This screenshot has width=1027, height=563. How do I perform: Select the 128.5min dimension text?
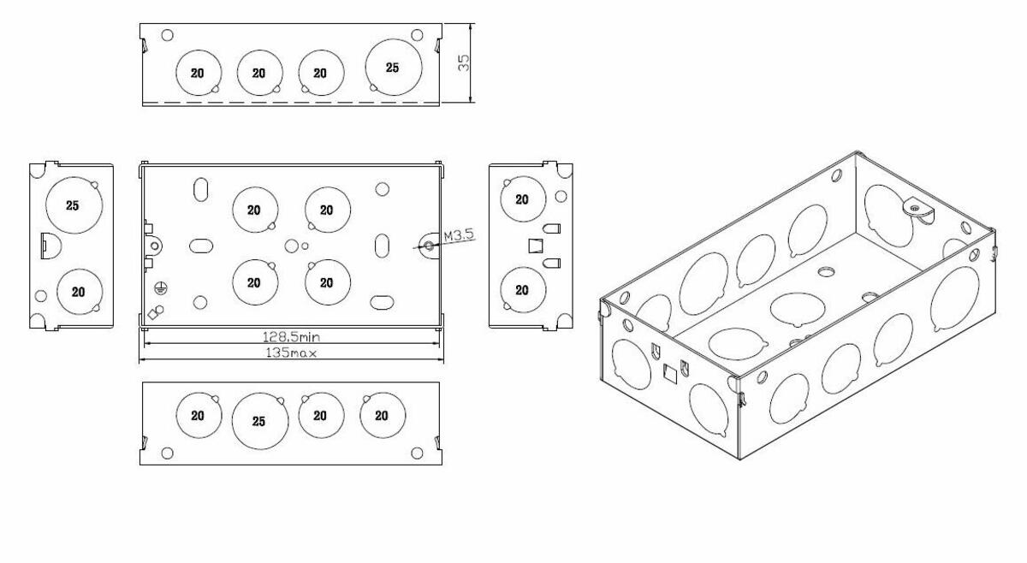(x=292, y=338)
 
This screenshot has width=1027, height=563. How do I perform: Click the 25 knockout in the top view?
(x=391, y=67)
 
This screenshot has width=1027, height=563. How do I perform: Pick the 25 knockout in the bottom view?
(x=259, y=421)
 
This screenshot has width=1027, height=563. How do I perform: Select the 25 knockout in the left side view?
(x=74, y=205)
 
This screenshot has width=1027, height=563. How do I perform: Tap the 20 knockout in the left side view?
(x=79, y=292)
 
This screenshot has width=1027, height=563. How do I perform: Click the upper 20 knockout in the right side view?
(x=522, y=199)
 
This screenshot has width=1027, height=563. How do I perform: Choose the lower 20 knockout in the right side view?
(x=522, y=290)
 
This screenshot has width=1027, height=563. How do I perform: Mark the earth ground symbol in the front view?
(x=159, y=288)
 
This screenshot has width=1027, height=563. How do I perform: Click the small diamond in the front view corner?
(x=152, y=313)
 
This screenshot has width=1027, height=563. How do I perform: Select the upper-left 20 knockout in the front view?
(x=254, y=210)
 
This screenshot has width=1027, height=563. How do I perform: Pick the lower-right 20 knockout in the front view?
(x=326, y=282)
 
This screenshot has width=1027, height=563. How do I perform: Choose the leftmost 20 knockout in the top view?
(x=198, y=73)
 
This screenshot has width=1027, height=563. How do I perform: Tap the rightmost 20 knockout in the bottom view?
(x=383, y=416)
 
